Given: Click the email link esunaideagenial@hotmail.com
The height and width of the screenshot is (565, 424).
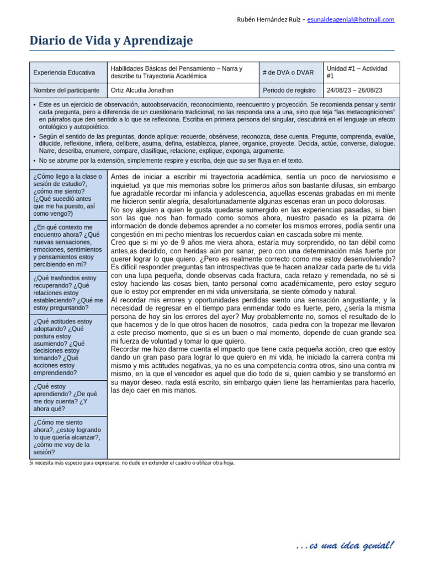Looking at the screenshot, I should click(351, 19).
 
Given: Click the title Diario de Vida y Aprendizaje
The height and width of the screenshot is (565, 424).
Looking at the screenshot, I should click(111, 41).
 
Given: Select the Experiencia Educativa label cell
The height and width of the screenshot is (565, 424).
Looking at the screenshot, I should click(64, 72).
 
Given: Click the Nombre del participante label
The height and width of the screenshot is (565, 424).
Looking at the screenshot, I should click(66, 90).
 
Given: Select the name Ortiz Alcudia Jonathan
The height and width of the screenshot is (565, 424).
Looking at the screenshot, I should click(142, 90).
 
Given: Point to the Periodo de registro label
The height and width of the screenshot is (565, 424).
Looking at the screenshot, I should click(289, 90).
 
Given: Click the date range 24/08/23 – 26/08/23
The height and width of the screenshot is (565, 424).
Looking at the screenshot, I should click(354, 90).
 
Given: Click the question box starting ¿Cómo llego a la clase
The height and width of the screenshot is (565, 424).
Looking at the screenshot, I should click(68, 195).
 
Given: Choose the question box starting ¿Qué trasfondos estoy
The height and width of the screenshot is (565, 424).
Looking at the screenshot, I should click(68, 293).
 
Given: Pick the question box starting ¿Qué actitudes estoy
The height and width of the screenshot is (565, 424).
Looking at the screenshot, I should click(68, 347).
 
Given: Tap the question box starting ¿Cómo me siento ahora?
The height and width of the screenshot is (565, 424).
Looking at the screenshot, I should click(68, 436).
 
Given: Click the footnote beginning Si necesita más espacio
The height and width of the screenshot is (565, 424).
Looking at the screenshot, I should click(132, 463).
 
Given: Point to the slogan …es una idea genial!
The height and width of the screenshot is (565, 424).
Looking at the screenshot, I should click(345, 531).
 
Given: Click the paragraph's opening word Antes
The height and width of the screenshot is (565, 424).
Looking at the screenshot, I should click(120, 176).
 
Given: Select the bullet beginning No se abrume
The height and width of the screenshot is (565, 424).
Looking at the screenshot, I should click(171, 161).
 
